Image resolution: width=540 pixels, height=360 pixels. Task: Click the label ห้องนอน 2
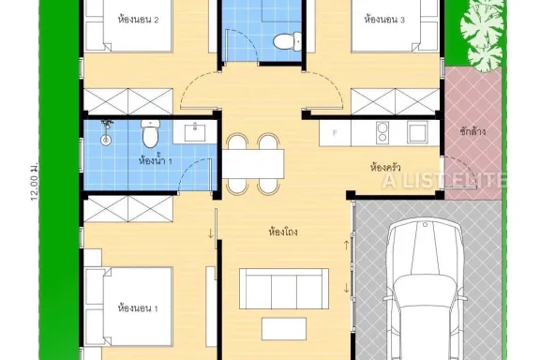pyautogui.click(x=138, y=20)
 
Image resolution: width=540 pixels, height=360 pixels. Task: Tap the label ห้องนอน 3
pyautogui.click(x=384, y=20)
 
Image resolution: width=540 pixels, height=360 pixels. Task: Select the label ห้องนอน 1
pyautogui.click(x=138, y=308)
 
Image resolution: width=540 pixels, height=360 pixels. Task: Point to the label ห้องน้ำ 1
pyautogui.click(x=156, y=160)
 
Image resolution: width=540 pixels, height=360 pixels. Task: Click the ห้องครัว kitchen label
pyautogui.click(x=385, y=168)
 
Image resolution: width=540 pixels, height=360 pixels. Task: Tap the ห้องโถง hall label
pyautogui.click(x=283, y=232)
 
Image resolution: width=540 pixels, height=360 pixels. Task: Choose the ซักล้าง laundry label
pyautogui.click(x=472, y=131)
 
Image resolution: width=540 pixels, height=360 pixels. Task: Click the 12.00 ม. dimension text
pyautogui.click(x=34, y=182)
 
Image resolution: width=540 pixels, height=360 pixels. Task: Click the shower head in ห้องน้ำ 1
pyautogui.click(x=107, y=131)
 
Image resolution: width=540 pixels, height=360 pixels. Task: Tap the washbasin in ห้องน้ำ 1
pyautogui.click(x=195, y=132)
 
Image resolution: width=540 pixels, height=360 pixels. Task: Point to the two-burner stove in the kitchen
pyautogui.click(x=382, y=132)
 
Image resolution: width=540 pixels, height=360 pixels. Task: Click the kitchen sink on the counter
pyautogui.click(x=418, y=132)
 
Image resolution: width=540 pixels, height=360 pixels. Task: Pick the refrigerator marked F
pyautogui.click(x=335, y=132)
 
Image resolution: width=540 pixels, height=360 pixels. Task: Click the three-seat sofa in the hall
pyautogui.click(x=284, y=289)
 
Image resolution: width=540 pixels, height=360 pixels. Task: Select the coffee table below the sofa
pyautogui.click(x=284, y=329)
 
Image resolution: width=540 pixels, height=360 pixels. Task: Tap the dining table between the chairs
pyautogui.click(x=253, y=164)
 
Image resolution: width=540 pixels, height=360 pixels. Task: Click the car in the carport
pyautogui.click(x=426, y=290)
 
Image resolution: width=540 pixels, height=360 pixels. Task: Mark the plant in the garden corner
pyautogui.click(x=482, y=37)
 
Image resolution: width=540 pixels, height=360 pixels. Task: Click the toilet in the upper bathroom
pyautogui.click(x=288, y=41)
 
